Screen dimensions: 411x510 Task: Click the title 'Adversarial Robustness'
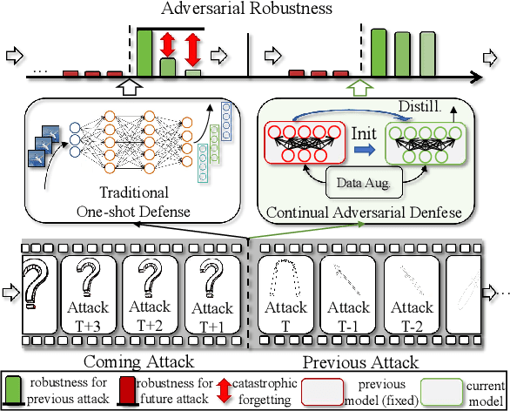click(253, 10)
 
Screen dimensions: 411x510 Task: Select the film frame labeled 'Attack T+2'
click(149, 286)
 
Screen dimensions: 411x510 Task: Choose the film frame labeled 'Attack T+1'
click(211, 286)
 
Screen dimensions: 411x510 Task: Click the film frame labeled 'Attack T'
click(285, 286)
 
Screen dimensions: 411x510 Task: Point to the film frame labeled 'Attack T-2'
click(413, 286)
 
